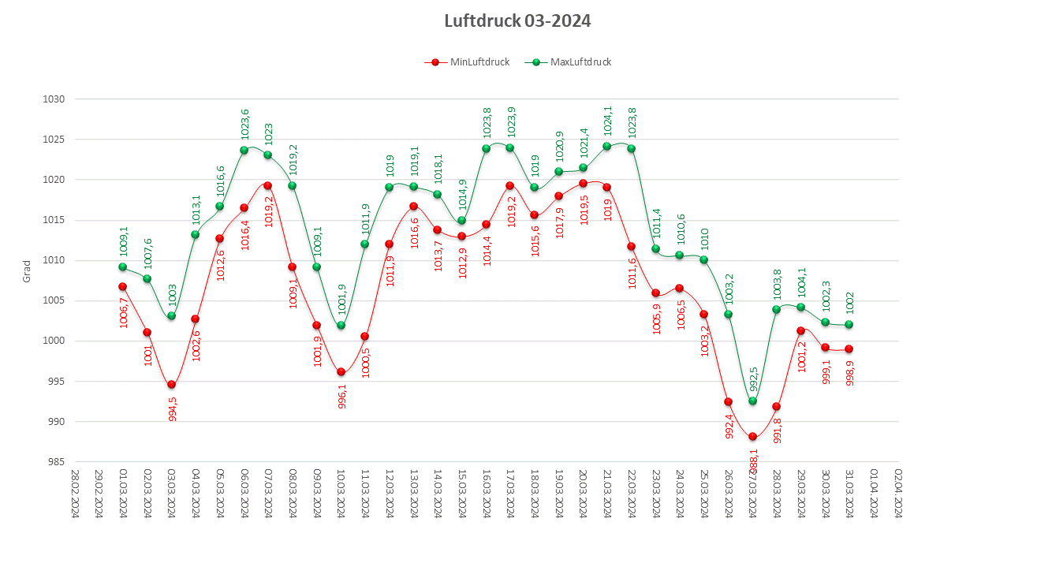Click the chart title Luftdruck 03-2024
[517, 21]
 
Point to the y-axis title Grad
[26, 271]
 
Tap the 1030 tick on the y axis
[54, 99]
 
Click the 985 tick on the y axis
[54, 462]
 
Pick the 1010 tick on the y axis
[54, 260]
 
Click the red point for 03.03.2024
[171, 385]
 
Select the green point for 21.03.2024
[606, 146]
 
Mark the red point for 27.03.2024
[752, 437]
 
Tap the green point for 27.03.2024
[752, 401]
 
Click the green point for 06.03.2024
[244, 150]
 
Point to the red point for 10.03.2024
[341, 372]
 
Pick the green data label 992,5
[754, 379]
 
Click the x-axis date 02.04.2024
[898, 494]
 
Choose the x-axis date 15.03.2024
[462, 494]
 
